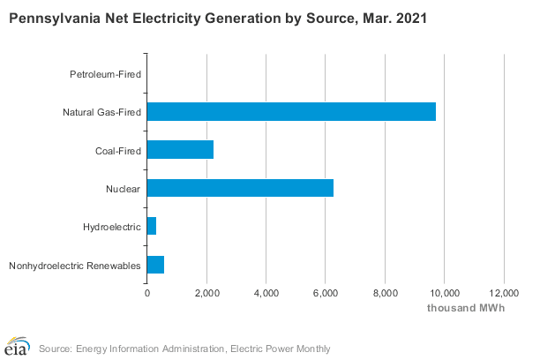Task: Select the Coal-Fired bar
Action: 180,150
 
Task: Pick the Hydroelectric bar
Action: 152,227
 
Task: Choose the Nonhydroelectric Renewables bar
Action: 155,265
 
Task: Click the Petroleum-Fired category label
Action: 105,73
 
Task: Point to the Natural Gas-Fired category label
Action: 101,112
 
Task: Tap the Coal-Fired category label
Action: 117,150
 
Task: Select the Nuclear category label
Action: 124,189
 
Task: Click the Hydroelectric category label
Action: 111,227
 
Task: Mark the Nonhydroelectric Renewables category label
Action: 75,266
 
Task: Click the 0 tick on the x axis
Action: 147,293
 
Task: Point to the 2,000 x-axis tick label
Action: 206,293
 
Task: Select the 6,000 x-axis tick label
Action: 326,293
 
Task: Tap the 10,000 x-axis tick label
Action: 444,293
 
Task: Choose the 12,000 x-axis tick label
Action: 503,293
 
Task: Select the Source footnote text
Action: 184,349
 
